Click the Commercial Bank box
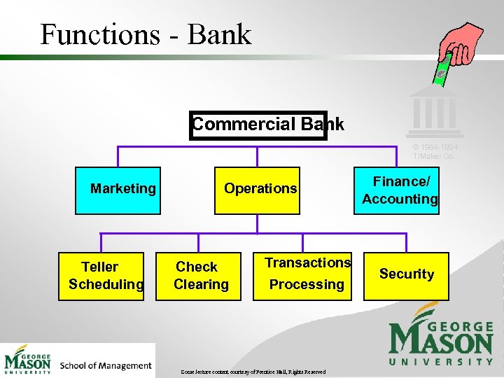coord(259,125)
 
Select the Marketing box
coord(118,190)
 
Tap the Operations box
coord(258,190)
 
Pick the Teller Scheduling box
coord(101,276)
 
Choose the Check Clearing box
coord(198,276)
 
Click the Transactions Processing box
coord(302,276)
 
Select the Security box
coord(406,274)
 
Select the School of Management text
coord(106,365)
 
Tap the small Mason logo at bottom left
coord(28,360)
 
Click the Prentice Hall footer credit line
coord(253,372)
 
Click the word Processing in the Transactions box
coord(307,284)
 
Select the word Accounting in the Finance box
coord(400,199)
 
